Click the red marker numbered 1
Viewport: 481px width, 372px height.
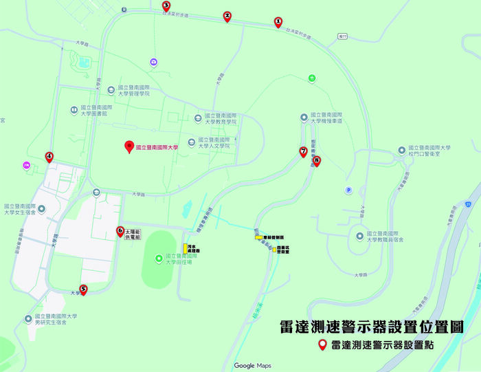278,22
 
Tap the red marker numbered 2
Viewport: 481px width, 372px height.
227,17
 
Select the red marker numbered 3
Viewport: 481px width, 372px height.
166,6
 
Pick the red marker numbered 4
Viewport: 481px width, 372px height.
49,157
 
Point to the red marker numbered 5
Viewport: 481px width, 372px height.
83,289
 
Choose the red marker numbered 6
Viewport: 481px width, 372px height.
120,232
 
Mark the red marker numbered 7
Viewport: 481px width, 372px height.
303,151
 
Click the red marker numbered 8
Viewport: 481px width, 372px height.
316,161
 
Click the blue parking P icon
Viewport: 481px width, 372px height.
348,190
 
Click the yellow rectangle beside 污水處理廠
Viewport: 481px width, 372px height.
184,248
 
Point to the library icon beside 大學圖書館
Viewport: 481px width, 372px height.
74,110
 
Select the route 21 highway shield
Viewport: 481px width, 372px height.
467,204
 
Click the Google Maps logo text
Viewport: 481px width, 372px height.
252,365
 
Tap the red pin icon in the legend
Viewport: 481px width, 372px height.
322,346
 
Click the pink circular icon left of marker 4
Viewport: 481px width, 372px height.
26,165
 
